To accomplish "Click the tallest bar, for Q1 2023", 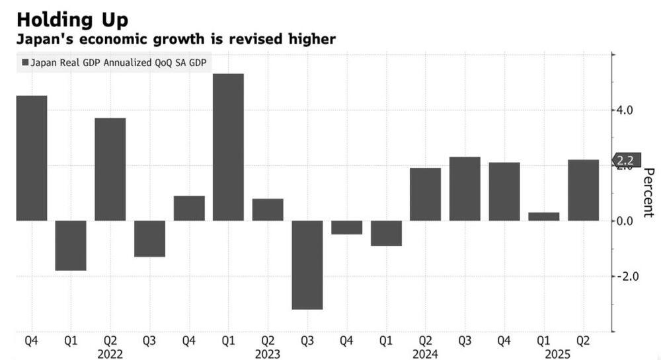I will coord(228,147).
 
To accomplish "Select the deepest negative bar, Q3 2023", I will coord(307,264).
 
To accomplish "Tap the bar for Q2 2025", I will coord(583,190).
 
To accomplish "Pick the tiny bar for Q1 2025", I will coord(543,216).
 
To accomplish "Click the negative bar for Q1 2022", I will coord(71,245).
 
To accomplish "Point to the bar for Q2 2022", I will coord(110,169).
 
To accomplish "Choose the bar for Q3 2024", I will coord(465,188).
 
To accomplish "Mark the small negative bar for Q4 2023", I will coord(346,227).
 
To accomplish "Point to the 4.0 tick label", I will coord(625,110).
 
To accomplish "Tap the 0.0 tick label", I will coord(625,221).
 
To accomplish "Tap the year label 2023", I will coord(268,354).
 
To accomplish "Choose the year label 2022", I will coord(110,354).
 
